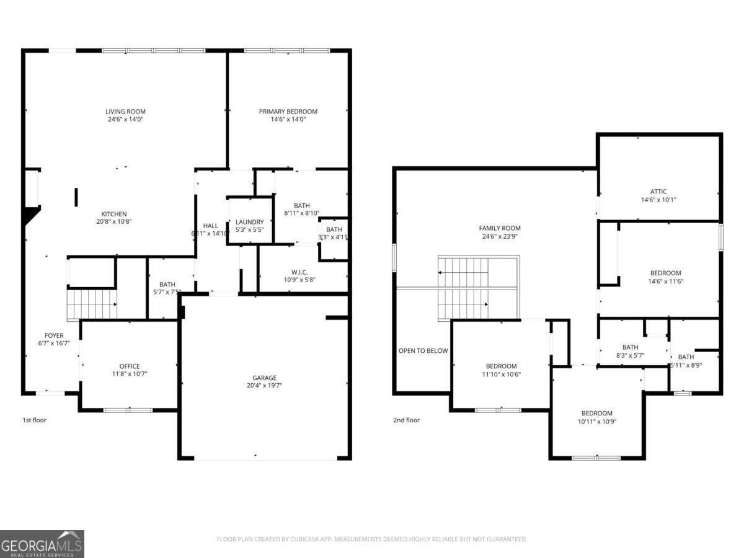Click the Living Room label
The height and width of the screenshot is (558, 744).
(x=125, y=112)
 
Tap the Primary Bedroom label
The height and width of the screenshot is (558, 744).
(x=288, y=112)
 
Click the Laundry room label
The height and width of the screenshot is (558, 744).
(x=249, y=222)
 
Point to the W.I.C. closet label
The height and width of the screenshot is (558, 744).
(x=299, y=272)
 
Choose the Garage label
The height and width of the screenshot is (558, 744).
(x=264, y=378)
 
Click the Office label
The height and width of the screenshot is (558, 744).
(x=130, y=366)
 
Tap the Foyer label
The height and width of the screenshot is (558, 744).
(x=53, y=335)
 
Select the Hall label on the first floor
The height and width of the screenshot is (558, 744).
(x=210, y=226)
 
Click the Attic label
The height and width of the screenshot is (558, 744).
(x=658, y=192)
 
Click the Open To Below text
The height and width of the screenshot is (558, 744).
(x=423, y=351)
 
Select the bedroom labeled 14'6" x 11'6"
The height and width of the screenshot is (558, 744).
(x=665, y=273)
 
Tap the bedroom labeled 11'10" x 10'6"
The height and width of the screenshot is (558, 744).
(x=501, y=366)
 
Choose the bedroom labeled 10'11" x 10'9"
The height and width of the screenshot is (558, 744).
(x=596, y=414)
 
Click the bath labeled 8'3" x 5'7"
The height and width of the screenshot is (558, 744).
(x=630, y=347)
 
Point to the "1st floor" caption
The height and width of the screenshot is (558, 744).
(x=34, y=420)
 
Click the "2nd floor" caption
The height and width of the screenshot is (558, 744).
(x=406, y=420)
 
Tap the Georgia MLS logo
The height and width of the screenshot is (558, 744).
(x=42, y=544)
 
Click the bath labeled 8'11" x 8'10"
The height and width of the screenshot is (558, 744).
(x=301, y=206)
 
